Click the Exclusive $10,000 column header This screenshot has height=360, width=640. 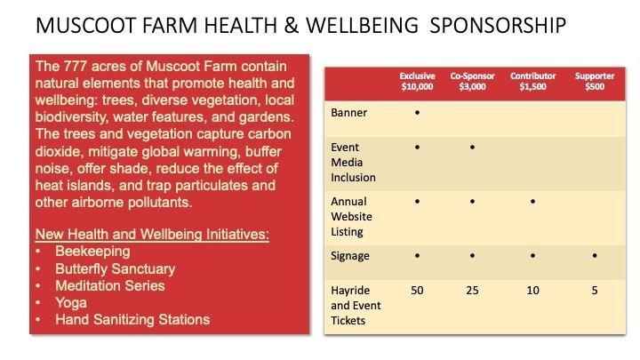[417, 81]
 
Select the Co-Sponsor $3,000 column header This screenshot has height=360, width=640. [472, 81]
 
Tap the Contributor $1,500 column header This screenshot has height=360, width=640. [532, 81]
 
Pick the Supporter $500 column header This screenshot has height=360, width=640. [595, 81]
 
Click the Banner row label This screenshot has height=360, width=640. [349, 113]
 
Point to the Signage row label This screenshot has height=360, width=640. [350, 256]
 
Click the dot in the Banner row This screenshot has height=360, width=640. [417, 112]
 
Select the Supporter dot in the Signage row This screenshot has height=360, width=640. [595, 255]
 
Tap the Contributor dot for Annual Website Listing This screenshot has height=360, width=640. [532, 201]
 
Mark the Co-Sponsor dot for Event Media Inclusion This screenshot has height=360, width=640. [472, 147]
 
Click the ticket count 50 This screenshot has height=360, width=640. [417, 290]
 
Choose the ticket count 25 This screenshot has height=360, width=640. [472, 290]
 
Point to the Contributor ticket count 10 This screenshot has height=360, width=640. [532, 290]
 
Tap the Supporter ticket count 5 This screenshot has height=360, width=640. [595, 290]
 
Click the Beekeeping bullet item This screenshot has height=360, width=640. [92, 252]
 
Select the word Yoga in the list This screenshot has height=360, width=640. [71, 303]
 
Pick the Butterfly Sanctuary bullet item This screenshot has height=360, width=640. [115, 268]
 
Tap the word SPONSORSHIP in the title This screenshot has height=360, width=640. [498, 25]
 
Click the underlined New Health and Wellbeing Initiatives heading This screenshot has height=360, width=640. [152, 235]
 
